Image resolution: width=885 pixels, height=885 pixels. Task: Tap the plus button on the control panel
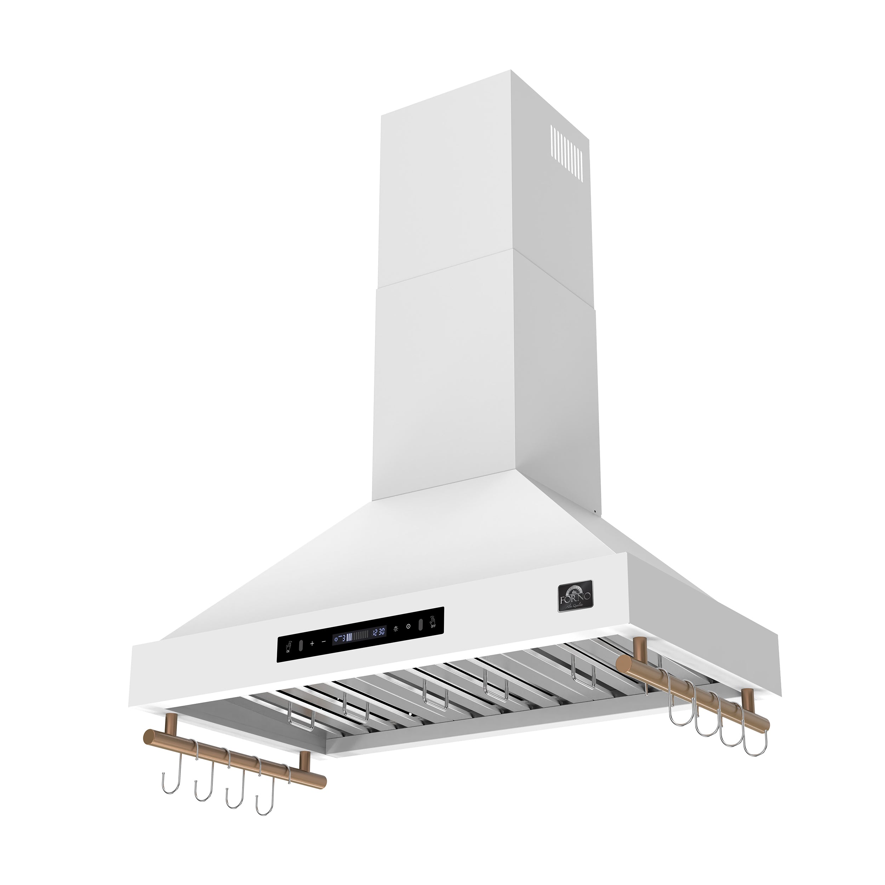point(312,643)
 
